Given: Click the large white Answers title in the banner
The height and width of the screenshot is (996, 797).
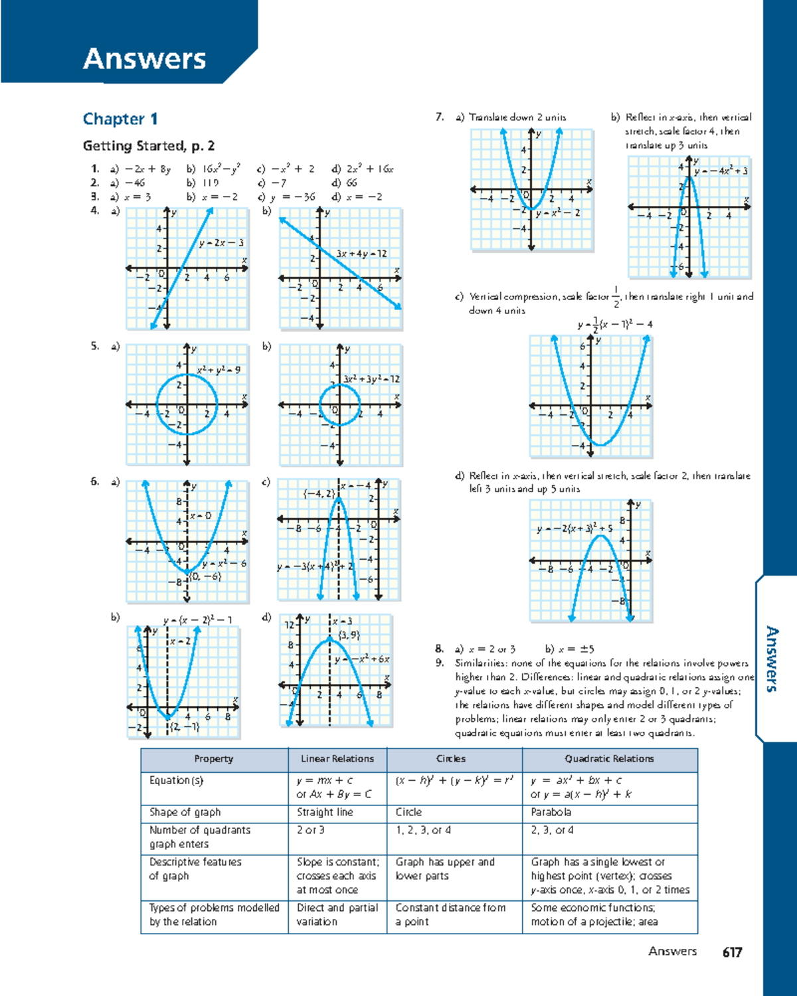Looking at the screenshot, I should [x=144, y=58].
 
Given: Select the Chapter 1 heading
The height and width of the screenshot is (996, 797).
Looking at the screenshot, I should [x=120, y=119].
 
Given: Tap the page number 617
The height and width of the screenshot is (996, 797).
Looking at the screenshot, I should [x=732, y=952].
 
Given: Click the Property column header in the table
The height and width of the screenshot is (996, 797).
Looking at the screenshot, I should [x=213, y=759].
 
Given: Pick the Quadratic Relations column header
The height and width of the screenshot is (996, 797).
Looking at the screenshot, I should [x=609, y=759].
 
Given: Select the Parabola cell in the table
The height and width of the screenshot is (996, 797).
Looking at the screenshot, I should [x=551, y=812].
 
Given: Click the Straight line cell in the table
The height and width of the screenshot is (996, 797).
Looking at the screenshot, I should [x=325, y=812].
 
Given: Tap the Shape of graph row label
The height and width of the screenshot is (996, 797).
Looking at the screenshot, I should [x=185, y=812].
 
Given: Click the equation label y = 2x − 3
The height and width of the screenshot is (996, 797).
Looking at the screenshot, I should [x=221, y=243].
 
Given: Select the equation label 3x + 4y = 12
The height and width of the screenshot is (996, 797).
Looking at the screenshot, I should [x=361, y=254].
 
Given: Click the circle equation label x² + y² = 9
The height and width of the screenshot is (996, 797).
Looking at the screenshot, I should [x=219, y=370].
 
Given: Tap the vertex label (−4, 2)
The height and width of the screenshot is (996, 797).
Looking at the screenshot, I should [x=319, y=493].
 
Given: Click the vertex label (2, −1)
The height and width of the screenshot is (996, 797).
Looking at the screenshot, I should [x=185, y=726].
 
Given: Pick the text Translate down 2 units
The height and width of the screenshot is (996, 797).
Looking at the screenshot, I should [x=517, y=117].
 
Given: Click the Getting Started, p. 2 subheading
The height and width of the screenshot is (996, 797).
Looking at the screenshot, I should [x=148, y=146].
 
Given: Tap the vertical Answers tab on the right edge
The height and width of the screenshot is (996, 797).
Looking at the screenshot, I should [x=772, y=658].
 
